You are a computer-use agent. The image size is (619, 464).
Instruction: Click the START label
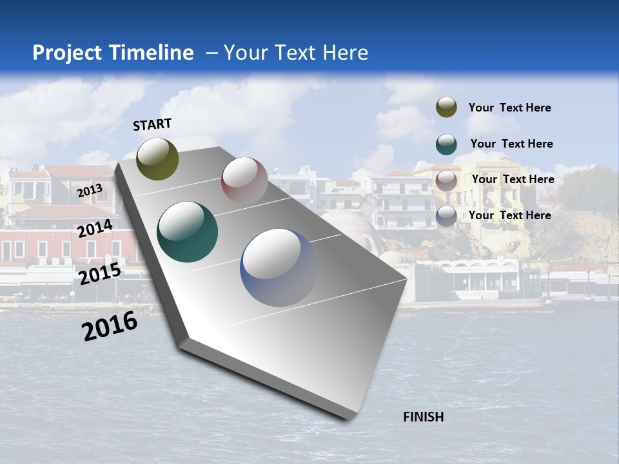tap(152, 124)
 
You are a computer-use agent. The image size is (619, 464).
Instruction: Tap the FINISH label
tap(424, 417)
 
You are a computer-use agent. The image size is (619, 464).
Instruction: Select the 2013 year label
tap(90, 191)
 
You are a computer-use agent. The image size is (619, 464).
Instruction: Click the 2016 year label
tap(110, 326)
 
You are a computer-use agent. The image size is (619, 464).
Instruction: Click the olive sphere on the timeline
tap(157, 159)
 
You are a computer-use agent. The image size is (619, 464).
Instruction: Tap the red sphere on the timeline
tap(244, 180)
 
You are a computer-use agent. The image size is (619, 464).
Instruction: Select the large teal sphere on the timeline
tap(188, 232)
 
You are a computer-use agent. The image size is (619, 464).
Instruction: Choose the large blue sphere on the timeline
tap(279, 267)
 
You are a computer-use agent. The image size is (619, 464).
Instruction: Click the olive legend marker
tap(446, 107)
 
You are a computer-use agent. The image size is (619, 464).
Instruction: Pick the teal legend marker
tap(446, 144)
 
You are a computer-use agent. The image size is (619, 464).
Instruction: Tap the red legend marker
tap(446, 180)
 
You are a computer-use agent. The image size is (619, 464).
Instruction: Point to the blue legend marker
tap(446, 216)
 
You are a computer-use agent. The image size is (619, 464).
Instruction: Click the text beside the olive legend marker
tap(509, 108)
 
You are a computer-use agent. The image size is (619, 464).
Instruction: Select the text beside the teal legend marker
tap(511, 144)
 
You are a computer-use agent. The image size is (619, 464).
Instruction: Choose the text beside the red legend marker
tap(513, 179)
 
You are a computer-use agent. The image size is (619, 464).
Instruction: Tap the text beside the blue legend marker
tap(509, 215)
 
